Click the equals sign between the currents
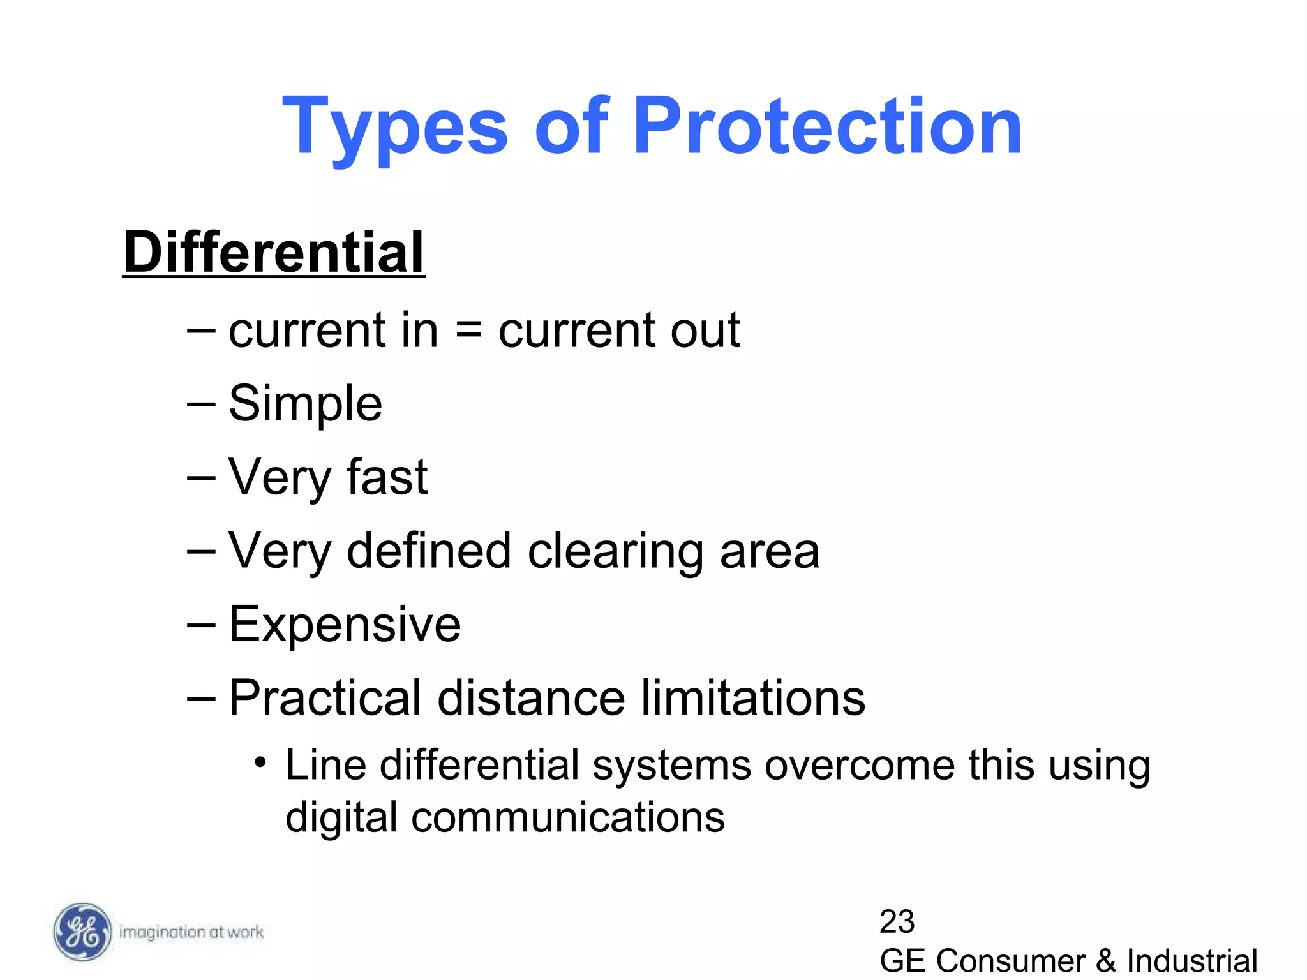point(468,330)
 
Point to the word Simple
point(305,403)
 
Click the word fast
point(387,477)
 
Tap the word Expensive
point(345,624)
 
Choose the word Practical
point(325,697)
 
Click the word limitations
point(753,697)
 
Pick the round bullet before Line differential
point(260,762)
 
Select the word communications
point(568,817)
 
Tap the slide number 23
point(897,921)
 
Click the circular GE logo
point(81,932)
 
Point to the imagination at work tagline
point(191,932)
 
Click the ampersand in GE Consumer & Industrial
point(1106,961)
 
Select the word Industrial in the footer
point(1192,961)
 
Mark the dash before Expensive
point(201,625)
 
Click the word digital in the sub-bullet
point(341,818)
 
